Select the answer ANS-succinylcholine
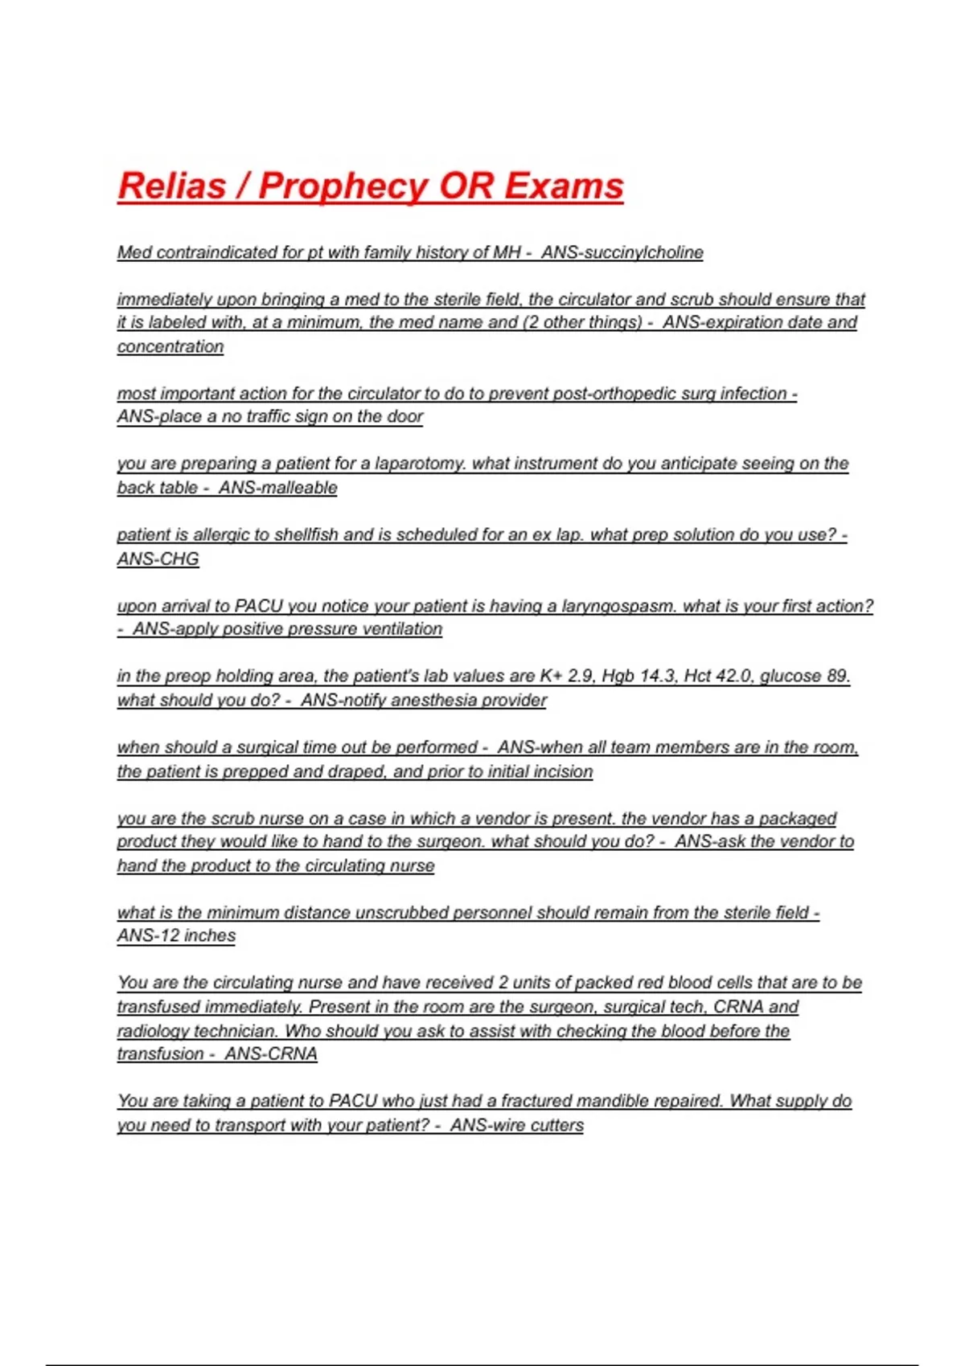pyautogui.click(x=622, y=252)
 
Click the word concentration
pyautogui.click(x=170, y=346)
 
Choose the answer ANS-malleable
pyautogui.click(x=277, y=488)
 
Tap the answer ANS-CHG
pyautogui.click(x=158, y=558)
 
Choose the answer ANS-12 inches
pyautogui.click(x=176, y=935)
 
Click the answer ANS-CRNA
pyautogui.click(x=271, y=1053)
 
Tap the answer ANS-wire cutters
pyautogui.click(x=516, y=1125)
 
